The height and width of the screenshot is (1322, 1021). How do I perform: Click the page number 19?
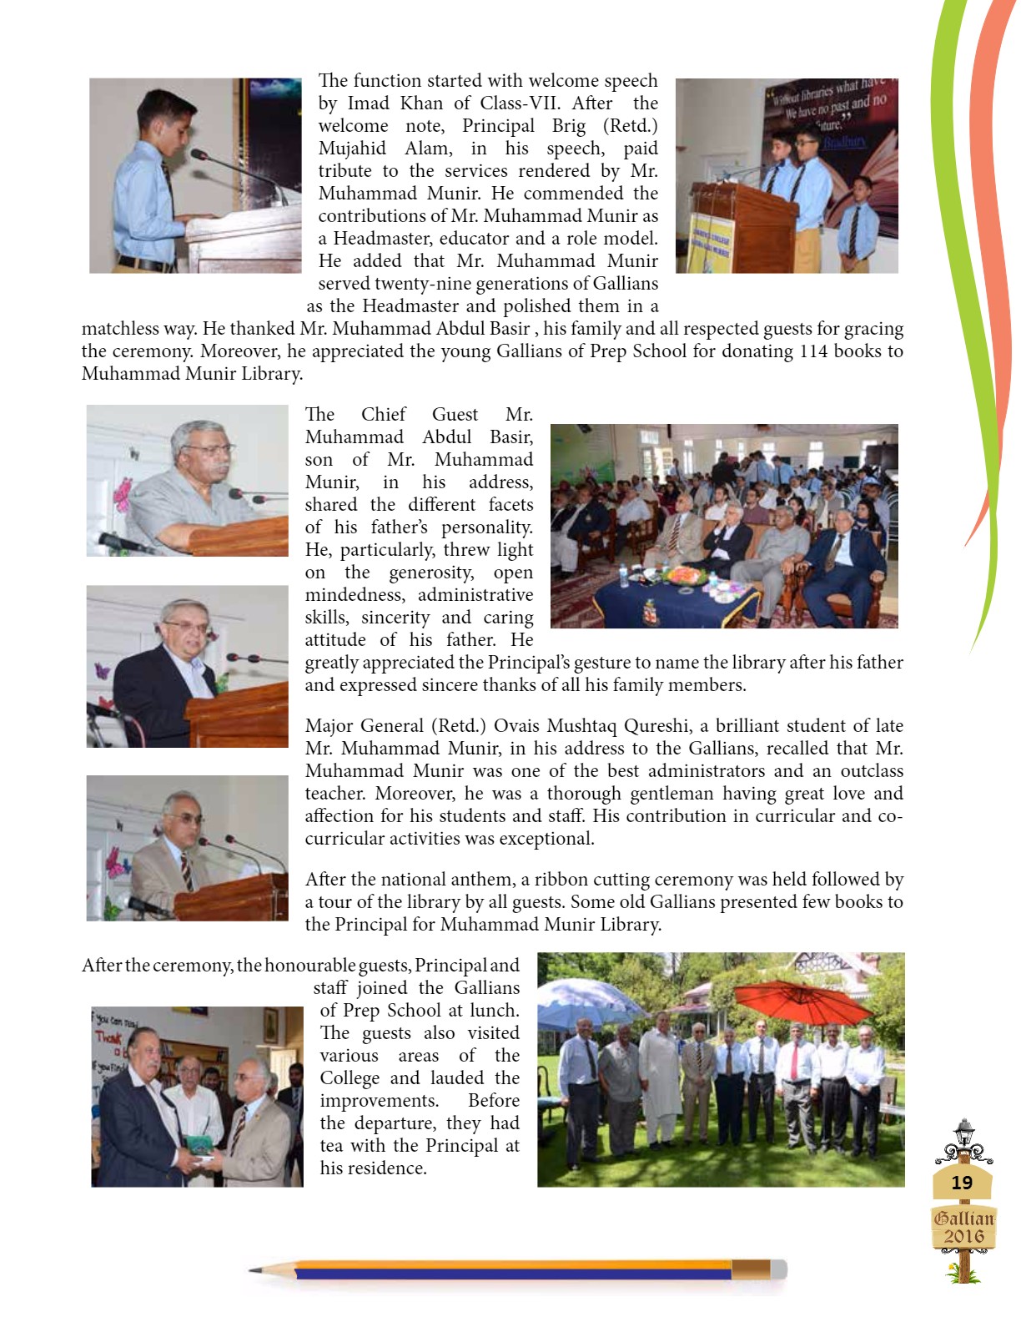click(x=962, y=1183)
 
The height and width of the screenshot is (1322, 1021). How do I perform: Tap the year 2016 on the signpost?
click(x=963, y=1236)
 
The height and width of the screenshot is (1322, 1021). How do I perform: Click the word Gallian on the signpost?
click(x=963, y=1218)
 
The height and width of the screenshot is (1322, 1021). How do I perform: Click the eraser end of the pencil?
click(x=777, y=1269)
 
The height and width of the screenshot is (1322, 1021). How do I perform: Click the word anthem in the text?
click(x=485, y=879)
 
